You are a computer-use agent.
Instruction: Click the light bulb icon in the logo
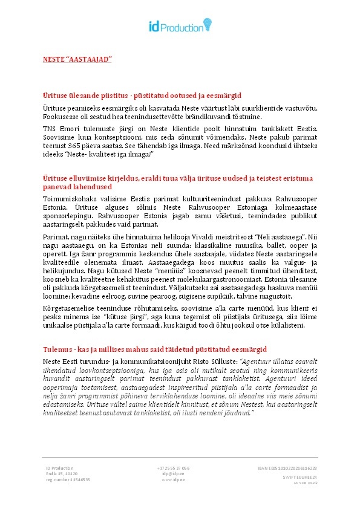pyautogui.click(x=208, y=24)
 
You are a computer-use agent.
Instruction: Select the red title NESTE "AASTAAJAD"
pyautogui.click(x=77, y=59)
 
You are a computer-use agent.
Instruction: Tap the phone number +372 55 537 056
pyautogui.click(x=173, y=468)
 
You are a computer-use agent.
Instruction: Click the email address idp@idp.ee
pyautogui.click(x=173, y=474)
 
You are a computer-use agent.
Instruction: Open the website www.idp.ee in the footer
pyautogui.click(x=173, y=480)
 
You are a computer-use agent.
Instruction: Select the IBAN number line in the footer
pyautogui.click(x=287, y=468)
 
